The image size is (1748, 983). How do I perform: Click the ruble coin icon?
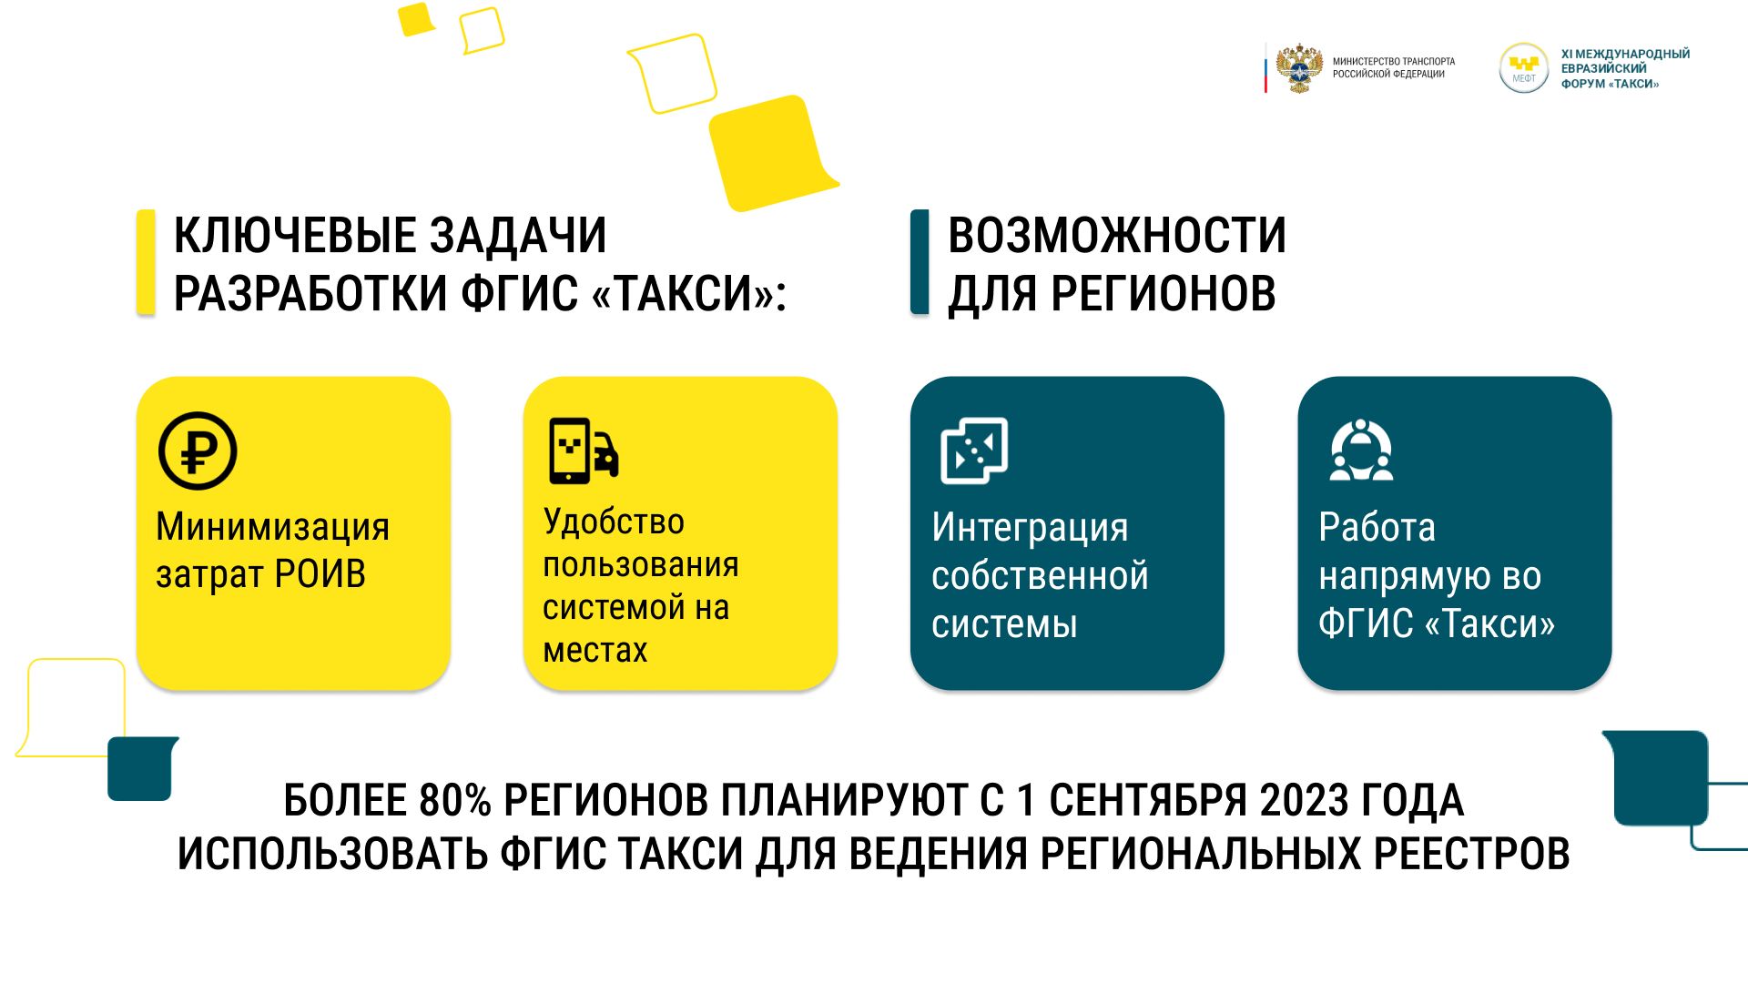[198, 451]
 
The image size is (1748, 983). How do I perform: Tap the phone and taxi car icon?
[584, 451]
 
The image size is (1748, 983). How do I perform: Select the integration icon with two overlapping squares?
[974, 451]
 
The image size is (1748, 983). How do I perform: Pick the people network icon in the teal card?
[1361, 450]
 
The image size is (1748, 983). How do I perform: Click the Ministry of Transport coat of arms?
[1299, 68]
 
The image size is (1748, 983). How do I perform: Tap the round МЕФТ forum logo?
[1523, 68]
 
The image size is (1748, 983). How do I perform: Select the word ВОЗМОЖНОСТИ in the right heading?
[1117, 236]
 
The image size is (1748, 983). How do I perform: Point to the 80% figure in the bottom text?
[455, 801]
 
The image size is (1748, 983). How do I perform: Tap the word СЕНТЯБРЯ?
[1149, 801]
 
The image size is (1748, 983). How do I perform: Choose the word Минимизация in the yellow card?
[273, 527]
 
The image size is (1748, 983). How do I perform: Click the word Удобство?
[614, 522]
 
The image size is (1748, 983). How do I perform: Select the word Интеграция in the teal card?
[1030, 529]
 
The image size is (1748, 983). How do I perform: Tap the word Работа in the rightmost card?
[1377, 528]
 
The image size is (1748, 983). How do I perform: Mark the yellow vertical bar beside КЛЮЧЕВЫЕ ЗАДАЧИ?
[146, 262]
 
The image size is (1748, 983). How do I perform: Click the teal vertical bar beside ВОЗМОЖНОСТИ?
[920, 262]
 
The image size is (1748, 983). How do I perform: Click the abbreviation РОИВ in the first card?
[320, 575]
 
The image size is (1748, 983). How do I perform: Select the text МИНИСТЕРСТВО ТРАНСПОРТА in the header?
[1394, 62]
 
